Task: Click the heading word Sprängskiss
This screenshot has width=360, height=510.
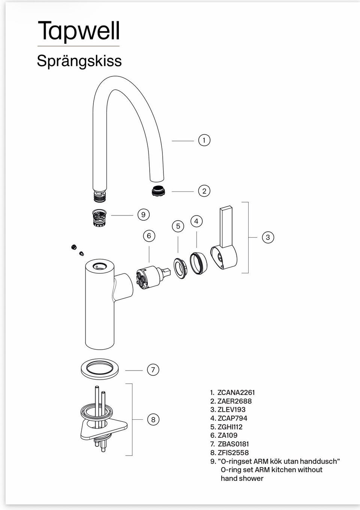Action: point(79,61)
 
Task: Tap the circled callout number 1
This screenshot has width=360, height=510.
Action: point(204,140)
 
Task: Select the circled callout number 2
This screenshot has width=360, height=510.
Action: point(204,191)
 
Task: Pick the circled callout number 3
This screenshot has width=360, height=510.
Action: point(268,237)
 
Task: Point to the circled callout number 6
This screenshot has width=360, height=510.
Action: point(149,236)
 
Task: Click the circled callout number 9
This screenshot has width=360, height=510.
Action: point(143,215)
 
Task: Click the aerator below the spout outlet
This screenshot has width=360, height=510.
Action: point(159,191)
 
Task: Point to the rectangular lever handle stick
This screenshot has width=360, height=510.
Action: point(226,227)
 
